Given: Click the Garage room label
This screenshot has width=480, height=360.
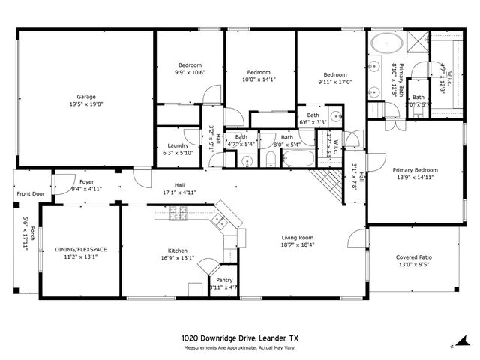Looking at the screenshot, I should point(86,97).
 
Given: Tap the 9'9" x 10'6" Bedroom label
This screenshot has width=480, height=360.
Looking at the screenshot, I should point(189,64).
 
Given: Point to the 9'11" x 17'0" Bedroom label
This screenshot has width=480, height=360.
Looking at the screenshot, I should point(334,75).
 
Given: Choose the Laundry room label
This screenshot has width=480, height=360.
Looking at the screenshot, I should point(178,145).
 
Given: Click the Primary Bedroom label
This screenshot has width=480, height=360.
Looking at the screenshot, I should point(415,170).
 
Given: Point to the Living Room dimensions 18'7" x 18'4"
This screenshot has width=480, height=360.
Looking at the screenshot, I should point(297,244).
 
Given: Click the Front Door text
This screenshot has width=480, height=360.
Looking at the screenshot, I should point(30,194).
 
